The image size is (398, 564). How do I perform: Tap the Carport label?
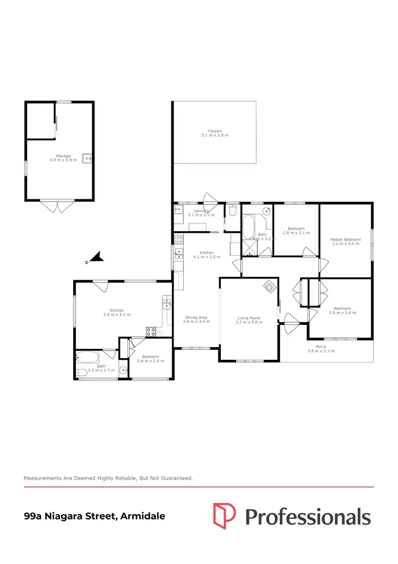pos(214,131)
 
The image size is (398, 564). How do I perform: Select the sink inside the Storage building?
pos(86,158)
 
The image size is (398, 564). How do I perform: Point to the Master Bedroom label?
pos(345,240)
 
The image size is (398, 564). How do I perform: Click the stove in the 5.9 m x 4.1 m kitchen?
pos(151,332)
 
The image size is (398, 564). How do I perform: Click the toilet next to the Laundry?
pos(232,212)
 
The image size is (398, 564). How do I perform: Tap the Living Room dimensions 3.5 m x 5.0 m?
pos(249,322)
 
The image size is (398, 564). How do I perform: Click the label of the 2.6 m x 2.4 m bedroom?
pos(150,357)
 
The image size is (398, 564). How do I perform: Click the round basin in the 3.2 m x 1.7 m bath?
pos(123,371)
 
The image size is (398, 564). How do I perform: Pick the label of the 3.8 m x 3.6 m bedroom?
pos(342,309)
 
